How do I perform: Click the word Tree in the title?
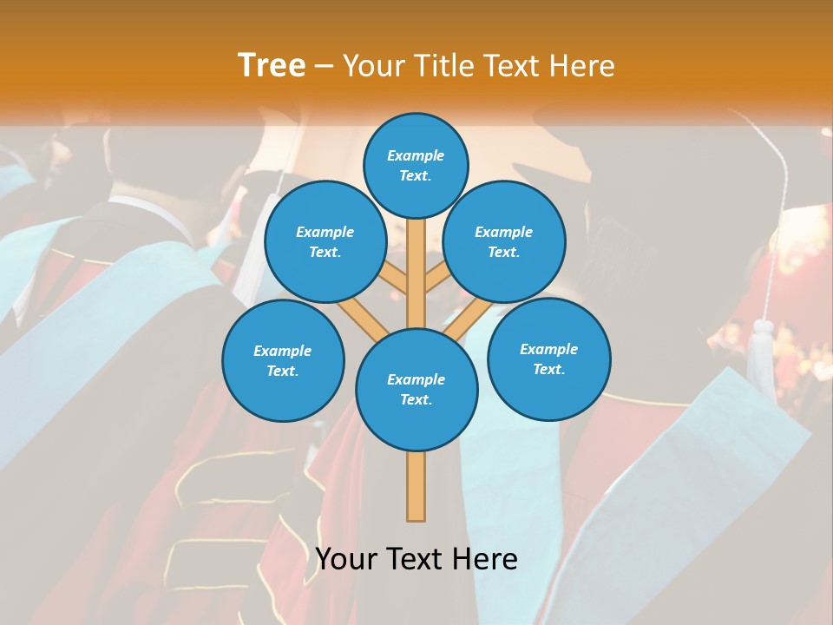click(x=272, y=65)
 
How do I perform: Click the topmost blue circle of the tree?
click(x=416, y=165)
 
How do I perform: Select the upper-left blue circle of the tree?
click(x=325, y=242)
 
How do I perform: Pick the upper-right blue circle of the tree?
click(x=504, y=242)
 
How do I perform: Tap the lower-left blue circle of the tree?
click(x=283, y=360)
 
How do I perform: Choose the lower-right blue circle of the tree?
click(x=548, y=359)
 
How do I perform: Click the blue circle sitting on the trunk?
click(x=416, y=390)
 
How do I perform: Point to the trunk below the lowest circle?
click(x=416, y=486)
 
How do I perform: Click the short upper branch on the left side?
click(x=394, y=281)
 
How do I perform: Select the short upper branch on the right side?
click(x=436, y=280)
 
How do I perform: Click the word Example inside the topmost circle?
click(x=416, y=155)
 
